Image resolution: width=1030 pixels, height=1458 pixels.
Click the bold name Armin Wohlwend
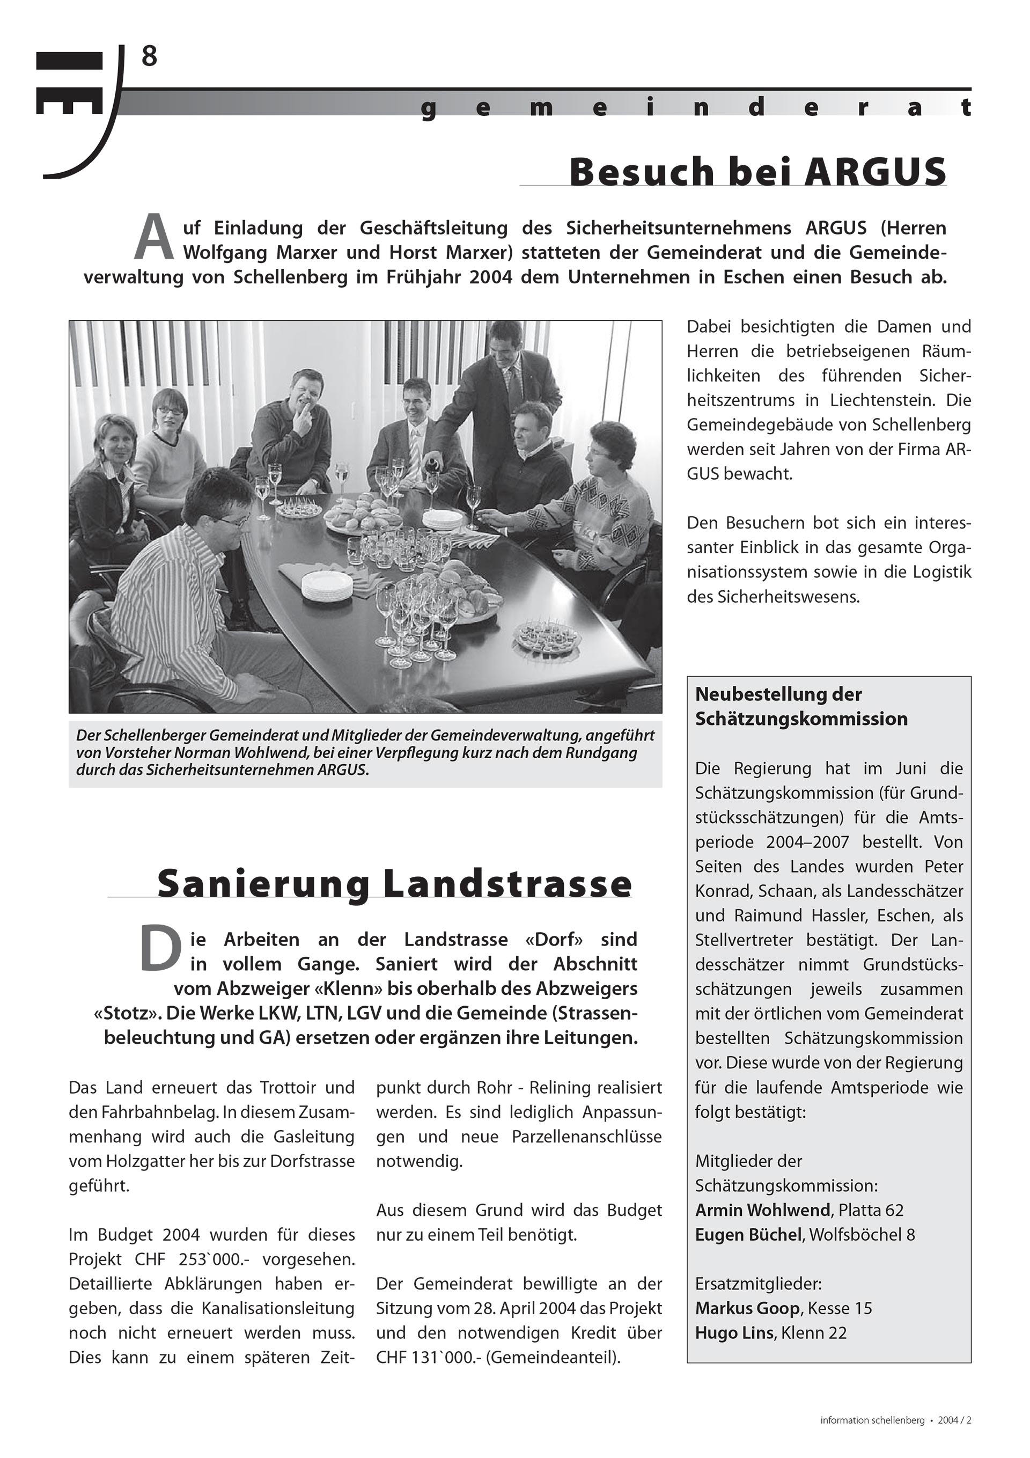click(763, 1210)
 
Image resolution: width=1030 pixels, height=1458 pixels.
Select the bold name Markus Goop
click(747, 1309)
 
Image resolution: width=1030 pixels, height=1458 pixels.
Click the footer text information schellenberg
click(872, 1420)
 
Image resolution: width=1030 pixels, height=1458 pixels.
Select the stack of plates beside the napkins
click(326, 585)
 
